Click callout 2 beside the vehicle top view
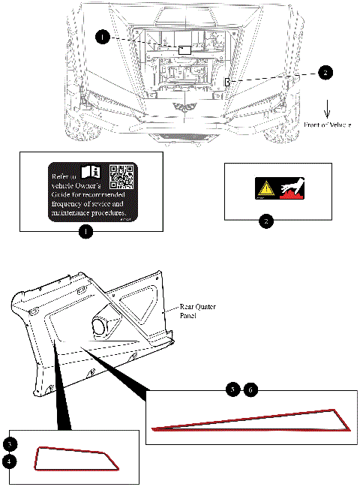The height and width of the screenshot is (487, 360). click(324, 72)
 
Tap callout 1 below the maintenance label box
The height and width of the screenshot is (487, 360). click(86, 232)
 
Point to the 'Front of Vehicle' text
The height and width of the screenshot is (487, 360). click(328, 123)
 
